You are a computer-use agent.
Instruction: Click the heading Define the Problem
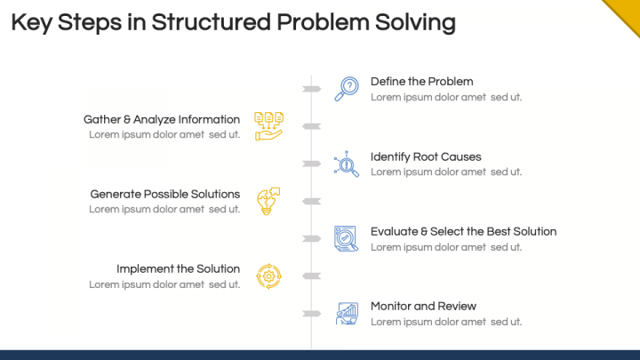[x=421, y=82]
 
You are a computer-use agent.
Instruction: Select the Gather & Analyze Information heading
[x=162, y=119]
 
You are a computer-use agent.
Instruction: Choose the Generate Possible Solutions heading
[x=165, y=194]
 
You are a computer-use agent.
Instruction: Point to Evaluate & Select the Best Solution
[x=463, y=231]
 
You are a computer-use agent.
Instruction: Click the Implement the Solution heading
[x=178, y=268]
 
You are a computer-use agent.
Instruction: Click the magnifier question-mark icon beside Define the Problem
[x=346, y=89]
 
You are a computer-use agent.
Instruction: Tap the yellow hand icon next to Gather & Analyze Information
[x=268, y=126]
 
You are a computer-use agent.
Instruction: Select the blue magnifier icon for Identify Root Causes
[x=346, y=164]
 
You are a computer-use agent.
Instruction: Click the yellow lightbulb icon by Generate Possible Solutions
[x=268, y=201]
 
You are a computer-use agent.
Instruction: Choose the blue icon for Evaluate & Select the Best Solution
[x=346, y=238]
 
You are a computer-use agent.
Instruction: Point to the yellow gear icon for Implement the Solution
[x=268, y=276]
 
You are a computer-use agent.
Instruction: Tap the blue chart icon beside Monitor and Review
[x=346, y=313]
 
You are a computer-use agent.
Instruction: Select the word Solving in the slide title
[x=415, y=21]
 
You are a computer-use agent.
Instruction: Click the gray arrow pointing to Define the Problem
[x=311, y=89]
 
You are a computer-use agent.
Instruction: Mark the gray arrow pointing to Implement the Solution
[x=311, y=276]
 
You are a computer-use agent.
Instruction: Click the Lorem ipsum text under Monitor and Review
[x=445, y=322]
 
